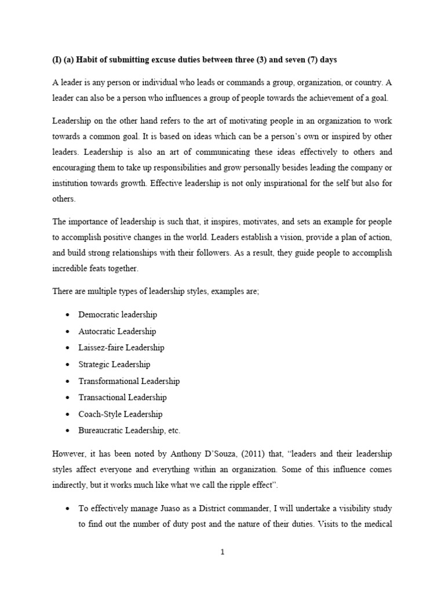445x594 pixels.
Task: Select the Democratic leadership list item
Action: [x=118, y=315]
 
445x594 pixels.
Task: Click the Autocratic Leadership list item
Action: [x=118, y=331]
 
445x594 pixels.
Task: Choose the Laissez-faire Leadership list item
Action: [x=122, y=347]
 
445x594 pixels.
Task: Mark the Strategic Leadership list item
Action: [x=114, y=364]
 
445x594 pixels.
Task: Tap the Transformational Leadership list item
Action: [x=129, y=381]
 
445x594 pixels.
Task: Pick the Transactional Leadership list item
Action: [x=122, y=397]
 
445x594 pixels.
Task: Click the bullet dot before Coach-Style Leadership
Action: [x=68, y=414]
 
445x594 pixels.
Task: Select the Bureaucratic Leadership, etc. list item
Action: [x=130, y=430]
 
